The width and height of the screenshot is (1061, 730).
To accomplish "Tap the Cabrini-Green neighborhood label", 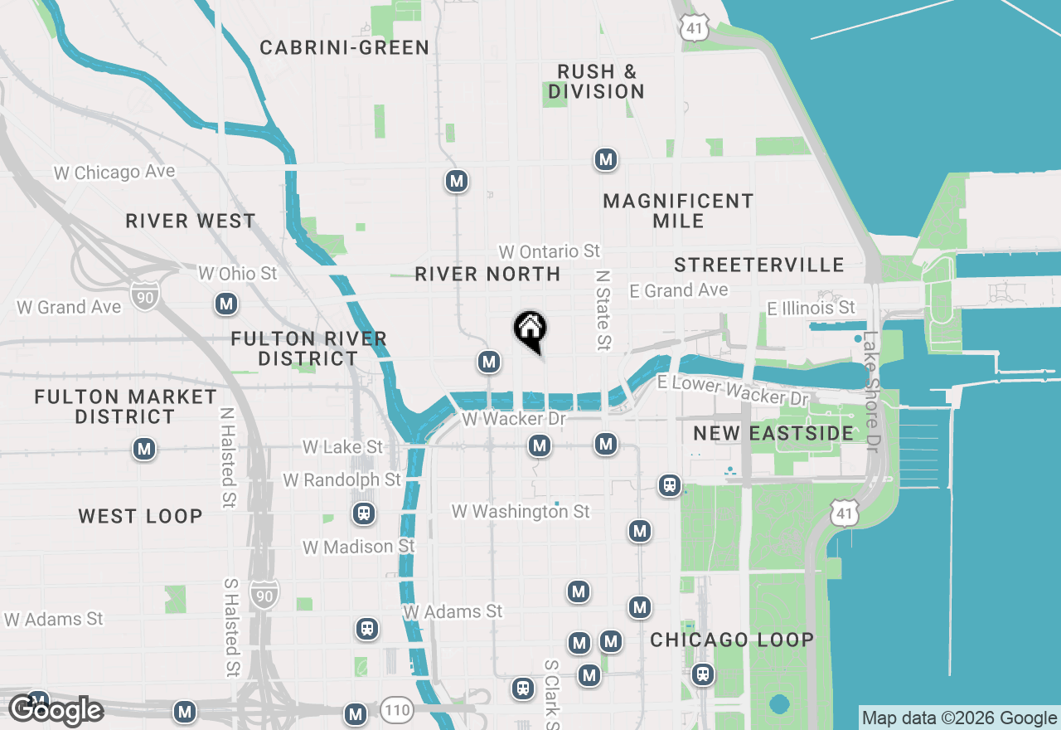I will click(x=345, y=47).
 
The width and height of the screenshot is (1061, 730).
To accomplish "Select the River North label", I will click(x=487, y=274).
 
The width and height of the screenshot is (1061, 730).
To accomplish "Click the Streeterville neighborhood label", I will click(x=759, y=265).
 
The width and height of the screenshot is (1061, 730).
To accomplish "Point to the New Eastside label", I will click(x=773, y=433).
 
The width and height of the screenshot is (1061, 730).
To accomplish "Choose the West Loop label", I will click(x=140, y=516).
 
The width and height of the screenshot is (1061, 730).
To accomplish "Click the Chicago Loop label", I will click(x=732, y=640).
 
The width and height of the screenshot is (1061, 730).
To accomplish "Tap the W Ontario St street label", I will click(x=549, y=251).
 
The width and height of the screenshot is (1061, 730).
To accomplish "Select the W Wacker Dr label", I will click(x=514, y=419).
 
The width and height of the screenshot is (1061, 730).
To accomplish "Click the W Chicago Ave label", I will click(x=114, y=173).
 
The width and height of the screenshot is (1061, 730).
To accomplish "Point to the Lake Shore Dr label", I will click(x=870, y=392).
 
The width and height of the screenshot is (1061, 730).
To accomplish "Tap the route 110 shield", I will click(x=397, y=710).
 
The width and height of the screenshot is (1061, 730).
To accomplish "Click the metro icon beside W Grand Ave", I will click(x=225, y=304).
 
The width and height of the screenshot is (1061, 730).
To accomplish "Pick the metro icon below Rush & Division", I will click(x=606, y=159).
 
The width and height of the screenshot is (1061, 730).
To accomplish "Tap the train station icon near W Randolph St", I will click(x=363, y=513).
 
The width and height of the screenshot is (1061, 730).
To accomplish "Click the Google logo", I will click(x=56, y=710).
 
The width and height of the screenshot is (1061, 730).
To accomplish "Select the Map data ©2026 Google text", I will click(x=959, y=718).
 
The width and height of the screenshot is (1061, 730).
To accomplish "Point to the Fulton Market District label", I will click(x=125, y=406).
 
